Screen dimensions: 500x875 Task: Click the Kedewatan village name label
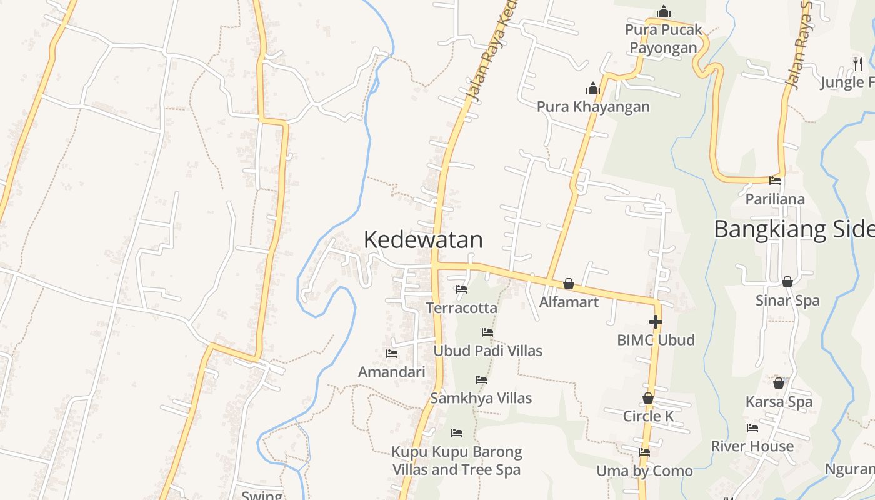[423, 240]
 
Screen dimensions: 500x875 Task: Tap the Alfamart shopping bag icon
[569, 284]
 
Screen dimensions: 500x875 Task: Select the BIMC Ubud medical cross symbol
[656, 322]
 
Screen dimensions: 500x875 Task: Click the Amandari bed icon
[392, 354]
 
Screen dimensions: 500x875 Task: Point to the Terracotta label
[461, 307]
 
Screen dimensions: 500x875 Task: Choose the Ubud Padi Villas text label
[488, 351]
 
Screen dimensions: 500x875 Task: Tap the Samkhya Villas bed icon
[481, 380]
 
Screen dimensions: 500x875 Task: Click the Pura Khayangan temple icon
[592, 88]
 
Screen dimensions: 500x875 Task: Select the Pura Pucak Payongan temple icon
[664, 12]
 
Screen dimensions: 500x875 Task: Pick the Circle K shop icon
[648, 398]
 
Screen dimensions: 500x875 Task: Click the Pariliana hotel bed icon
[775, 181]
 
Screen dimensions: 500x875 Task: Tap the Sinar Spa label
[787, 301]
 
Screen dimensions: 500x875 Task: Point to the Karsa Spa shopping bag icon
[779, 383]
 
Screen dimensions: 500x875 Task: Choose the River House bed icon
[752, 428]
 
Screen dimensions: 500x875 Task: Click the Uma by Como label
[644, 471]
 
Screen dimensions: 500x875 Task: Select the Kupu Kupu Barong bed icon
[457, 433]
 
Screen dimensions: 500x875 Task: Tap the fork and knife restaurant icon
[858, 63]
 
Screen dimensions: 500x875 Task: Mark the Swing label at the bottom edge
[262, 496]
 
